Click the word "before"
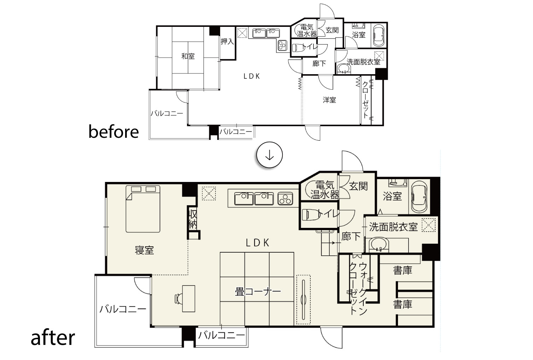click(113, 132)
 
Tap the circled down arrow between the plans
click(269, 155)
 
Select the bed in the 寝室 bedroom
click(143, 209)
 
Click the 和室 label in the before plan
click(188, 57)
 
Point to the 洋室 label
click(329, 100)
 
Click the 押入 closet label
click(227, 42)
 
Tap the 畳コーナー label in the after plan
click(258, 291)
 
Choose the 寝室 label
click(145, 250)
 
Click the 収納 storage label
click(193, 219)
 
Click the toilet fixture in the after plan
click(311, 214)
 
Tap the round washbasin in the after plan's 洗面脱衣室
click(379, 245)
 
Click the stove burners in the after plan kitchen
click(285, 199)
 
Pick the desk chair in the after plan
click(178, 299)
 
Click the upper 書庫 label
click(402, 270)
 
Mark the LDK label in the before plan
click(252, 76)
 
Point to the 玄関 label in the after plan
click(358, 186)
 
